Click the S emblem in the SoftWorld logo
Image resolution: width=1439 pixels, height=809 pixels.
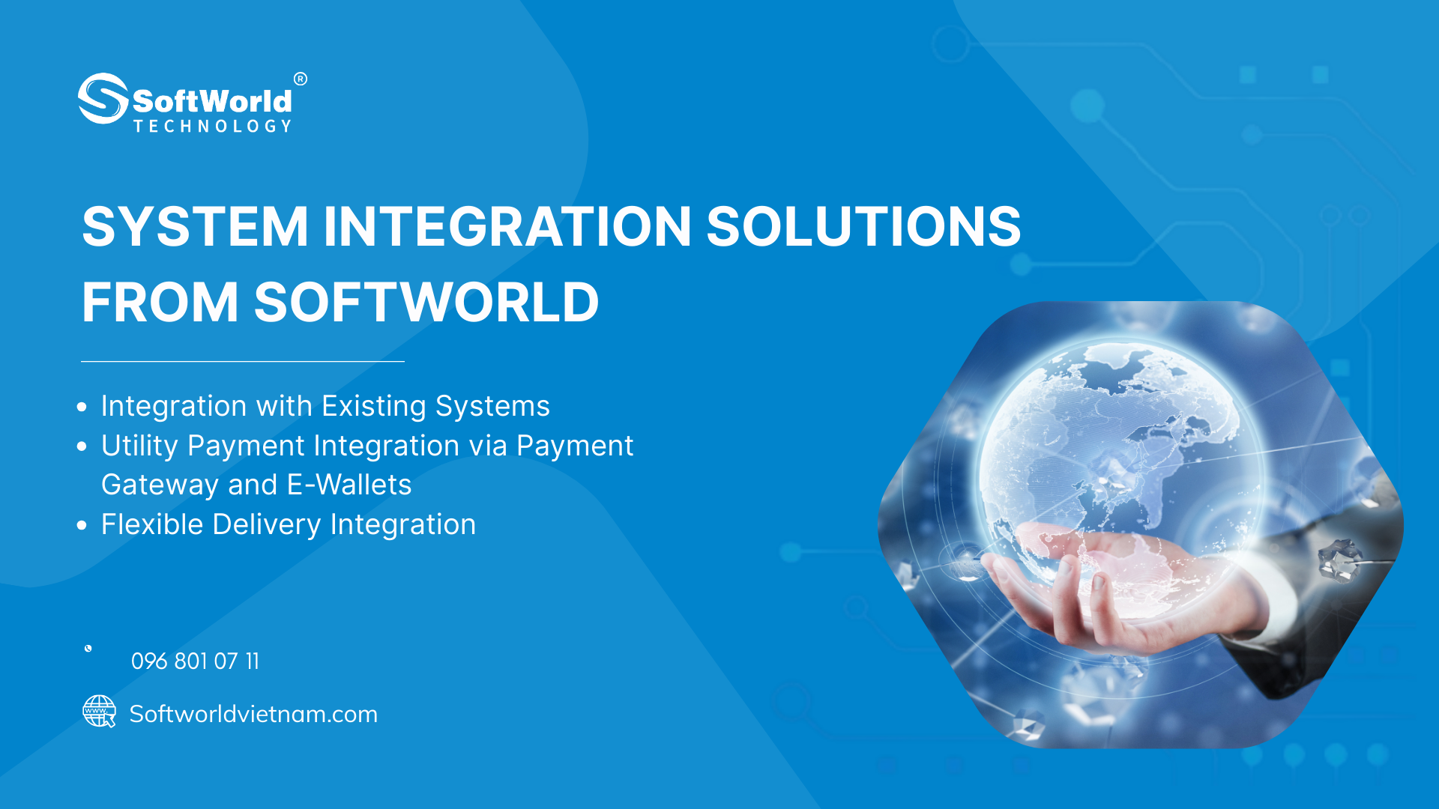pyautogui.click(x=103, y=98)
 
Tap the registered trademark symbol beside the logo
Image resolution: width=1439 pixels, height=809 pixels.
pyautogui.click(x=301, y=79)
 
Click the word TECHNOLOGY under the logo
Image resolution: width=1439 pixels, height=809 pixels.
pyautogui.click(x=213, y=127)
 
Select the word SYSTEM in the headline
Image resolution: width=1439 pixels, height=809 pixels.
pyautogui.click(x=195, y=226)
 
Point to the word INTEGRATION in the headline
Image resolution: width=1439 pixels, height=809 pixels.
pyautogui.click(x=507, y=226)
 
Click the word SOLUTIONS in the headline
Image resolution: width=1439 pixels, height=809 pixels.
pyautogui.click(x=863, y=226)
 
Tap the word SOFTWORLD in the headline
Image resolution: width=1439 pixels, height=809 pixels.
pyautogui.click(x=426, y=302)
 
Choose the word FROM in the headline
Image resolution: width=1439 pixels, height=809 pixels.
pyautogui.click(x=160, y=302)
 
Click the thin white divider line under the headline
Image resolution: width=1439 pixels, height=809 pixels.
pyautogui.click(x=243, y=361)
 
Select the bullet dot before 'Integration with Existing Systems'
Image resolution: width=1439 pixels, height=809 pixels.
pyautogui.click(x=82, y=407)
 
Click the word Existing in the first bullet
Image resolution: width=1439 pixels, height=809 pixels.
pyautogui.click(x=374, y=407)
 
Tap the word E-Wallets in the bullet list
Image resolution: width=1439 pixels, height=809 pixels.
pyautogui.click(x=349, y=485)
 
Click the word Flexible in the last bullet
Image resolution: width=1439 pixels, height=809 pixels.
pyautogui.click(x=152, y=524)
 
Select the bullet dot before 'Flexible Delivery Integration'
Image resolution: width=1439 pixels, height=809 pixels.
pyautogui.click(x=82, y=526)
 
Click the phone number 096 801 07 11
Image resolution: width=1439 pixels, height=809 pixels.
pyautogui.click(x=195, y=661)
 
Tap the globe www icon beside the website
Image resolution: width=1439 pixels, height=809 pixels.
pyautogui.click(x=99, y=711)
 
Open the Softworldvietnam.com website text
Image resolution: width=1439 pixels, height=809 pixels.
pyautogui.click(x=253, y=714)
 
